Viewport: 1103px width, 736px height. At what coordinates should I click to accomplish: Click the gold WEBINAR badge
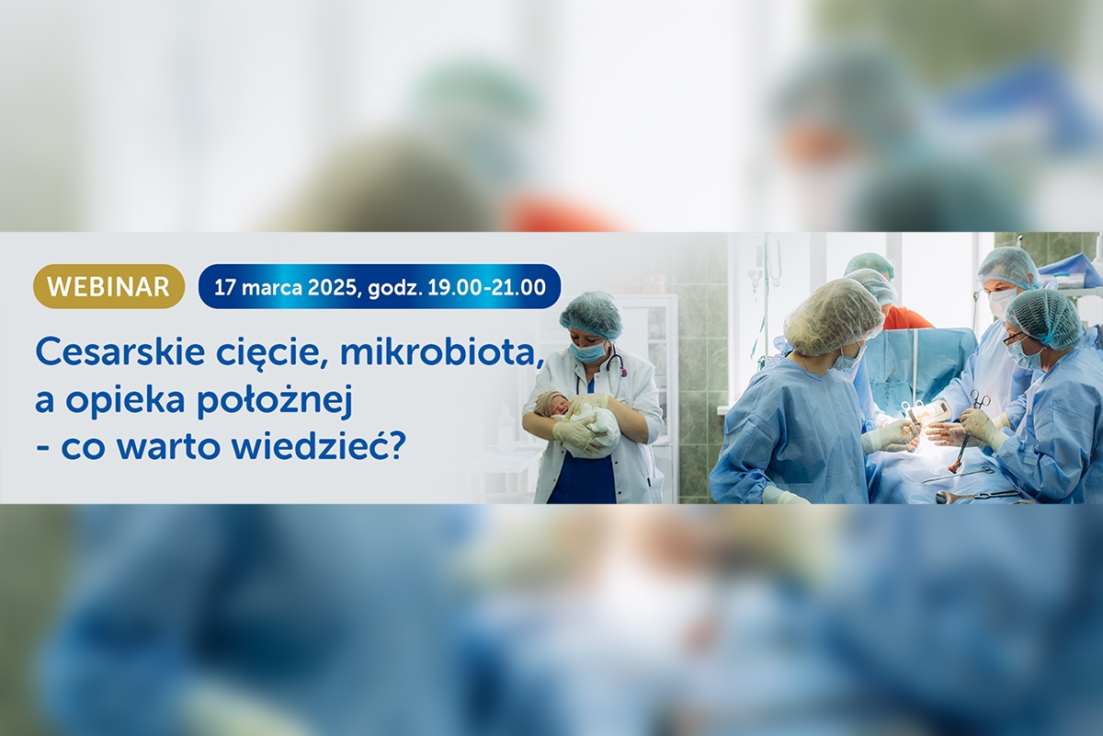[x=108, y=286]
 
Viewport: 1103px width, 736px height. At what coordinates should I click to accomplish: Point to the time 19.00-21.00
[x=486, y=287]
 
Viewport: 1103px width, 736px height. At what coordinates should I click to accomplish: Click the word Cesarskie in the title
[x=120, y=352]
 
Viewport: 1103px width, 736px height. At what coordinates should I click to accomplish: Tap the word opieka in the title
[x=126, y=402]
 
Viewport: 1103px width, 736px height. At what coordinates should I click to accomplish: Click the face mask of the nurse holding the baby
[x=588, y=351]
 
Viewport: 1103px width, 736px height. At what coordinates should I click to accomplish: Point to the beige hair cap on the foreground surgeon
[x=833, y=316]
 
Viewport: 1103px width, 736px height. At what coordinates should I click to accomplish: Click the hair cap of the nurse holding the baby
[x=591, y=314]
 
